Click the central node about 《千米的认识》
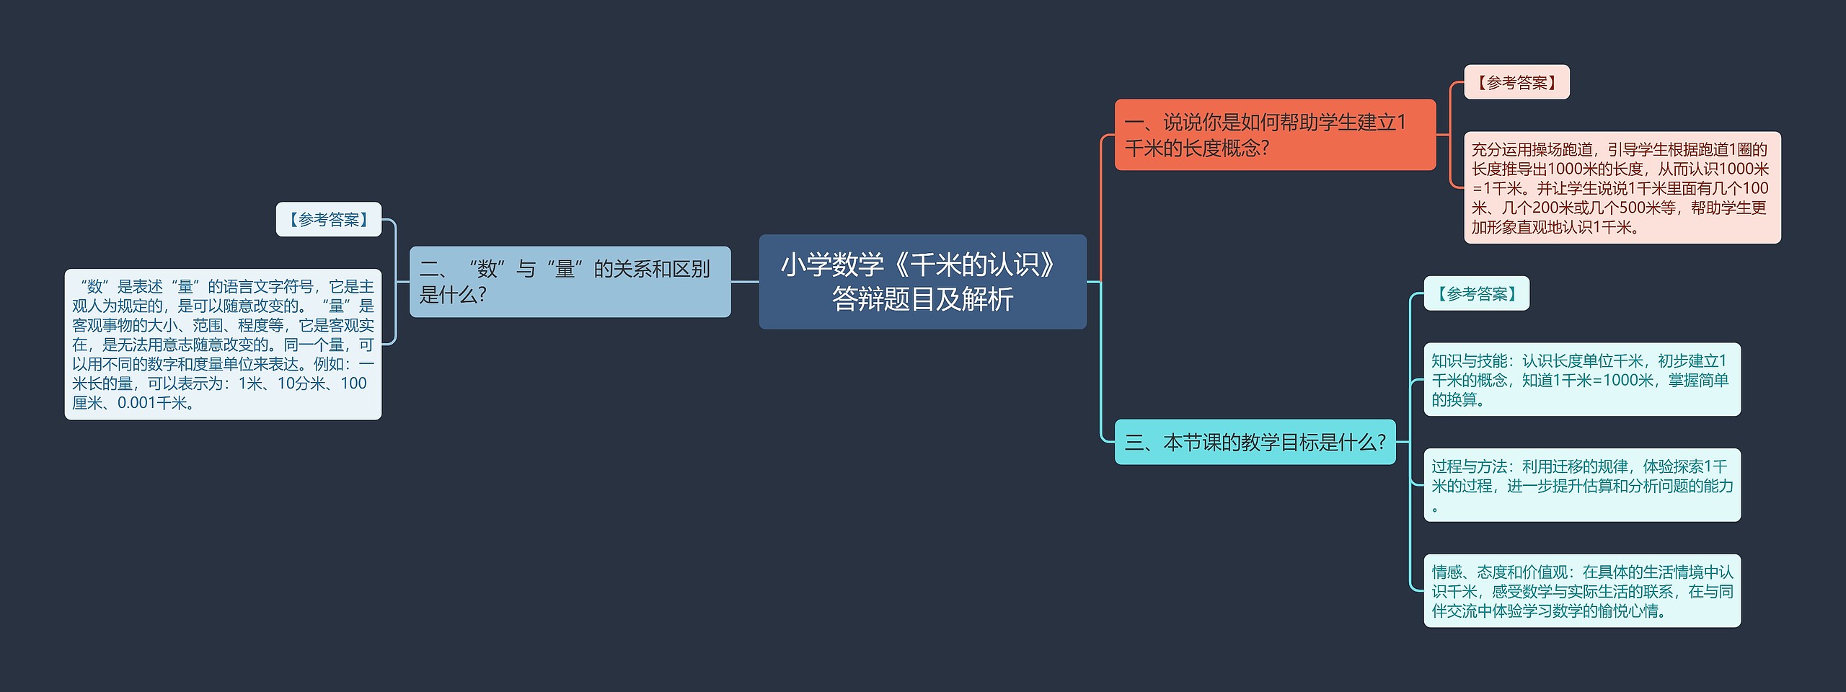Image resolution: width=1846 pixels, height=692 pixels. [922, 281]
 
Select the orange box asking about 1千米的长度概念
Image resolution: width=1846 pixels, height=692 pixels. [1274, 135]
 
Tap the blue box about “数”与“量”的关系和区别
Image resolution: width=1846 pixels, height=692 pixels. [570, 281]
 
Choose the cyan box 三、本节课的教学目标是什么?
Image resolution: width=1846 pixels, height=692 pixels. [1255, 442]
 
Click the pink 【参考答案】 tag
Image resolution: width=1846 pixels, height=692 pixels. [1516, 83]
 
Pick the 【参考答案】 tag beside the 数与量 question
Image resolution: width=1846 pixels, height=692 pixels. [328, 219]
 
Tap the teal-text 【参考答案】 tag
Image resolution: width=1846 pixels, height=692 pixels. [1475, 294]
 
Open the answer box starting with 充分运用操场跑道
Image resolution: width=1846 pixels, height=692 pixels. [1621, 187]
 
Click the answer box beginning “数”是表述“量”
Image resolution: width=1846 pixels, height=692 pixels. [223, 344]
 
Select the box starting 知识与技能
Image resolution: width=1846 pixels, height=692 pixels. [1581, 379]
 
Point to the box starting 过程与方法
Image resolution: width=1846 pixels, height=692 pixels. [1581, 484]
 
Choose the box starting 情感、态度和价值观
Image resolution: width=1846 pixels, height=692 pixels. [1581, 590]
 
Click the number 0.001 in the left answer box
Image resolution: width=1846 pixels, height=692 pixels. [136, 403]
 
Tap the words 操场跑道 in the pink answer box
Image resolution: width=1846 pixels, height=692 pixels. [1560, 150]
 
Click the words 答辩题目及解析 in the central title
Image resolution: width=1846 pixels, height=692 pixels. [922, 299]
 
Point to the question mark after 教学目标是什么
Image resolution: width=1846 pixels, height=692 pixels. [1381, 442]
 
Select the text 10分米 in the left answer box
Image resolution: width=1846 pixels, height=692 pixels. [301, 383]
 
